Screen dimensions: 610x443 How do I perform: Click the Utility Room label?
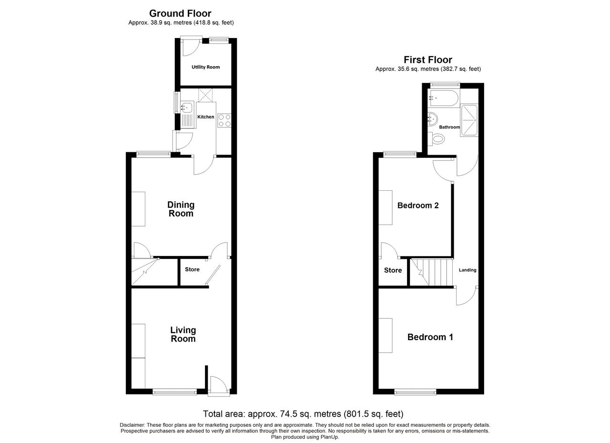click(x=205, y=67)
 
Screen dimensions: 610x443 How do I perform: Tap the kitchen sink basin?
click(x=187, y=107)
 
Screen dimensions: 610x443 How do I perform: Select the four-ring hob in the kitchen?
click(x=224, y=120)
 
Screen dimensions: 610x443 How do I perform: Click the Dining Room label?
click(x=181, y=209)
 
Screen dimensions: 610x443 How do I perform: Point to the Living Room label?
click(x=183, y=334)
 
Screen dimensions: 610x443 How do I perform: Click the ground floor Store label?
click(x=192, y=269)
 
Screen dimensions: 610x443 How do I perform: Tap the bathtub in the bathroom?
click(x=444, y=98)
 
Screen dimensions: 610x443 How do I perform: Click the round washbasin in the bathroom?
click(x=433, y=119)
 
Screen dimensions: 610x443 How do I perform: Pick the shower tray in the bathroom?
click(x=469, y=120)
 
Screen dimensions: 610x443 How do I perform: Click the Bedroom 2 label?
click(x=418, y=205)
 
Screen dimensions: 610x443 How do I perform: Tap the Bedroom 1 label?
click(x=430, y=337)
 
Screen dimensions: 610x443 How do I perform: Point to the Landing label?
click(x=468, y=270)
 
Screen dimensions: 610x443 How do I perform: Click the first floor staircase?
click(x=432, y=272)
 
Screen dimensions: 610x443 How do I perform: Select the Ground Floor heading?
click(x=180, y=13)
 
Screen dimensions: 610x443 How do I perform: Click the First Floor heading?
click(x=428, y=59)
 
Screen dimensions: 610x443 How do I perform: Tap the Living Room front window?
click(x=174, y=392)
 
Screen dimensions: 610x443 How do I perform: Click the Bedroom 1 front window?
click(x=415, y=392)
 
